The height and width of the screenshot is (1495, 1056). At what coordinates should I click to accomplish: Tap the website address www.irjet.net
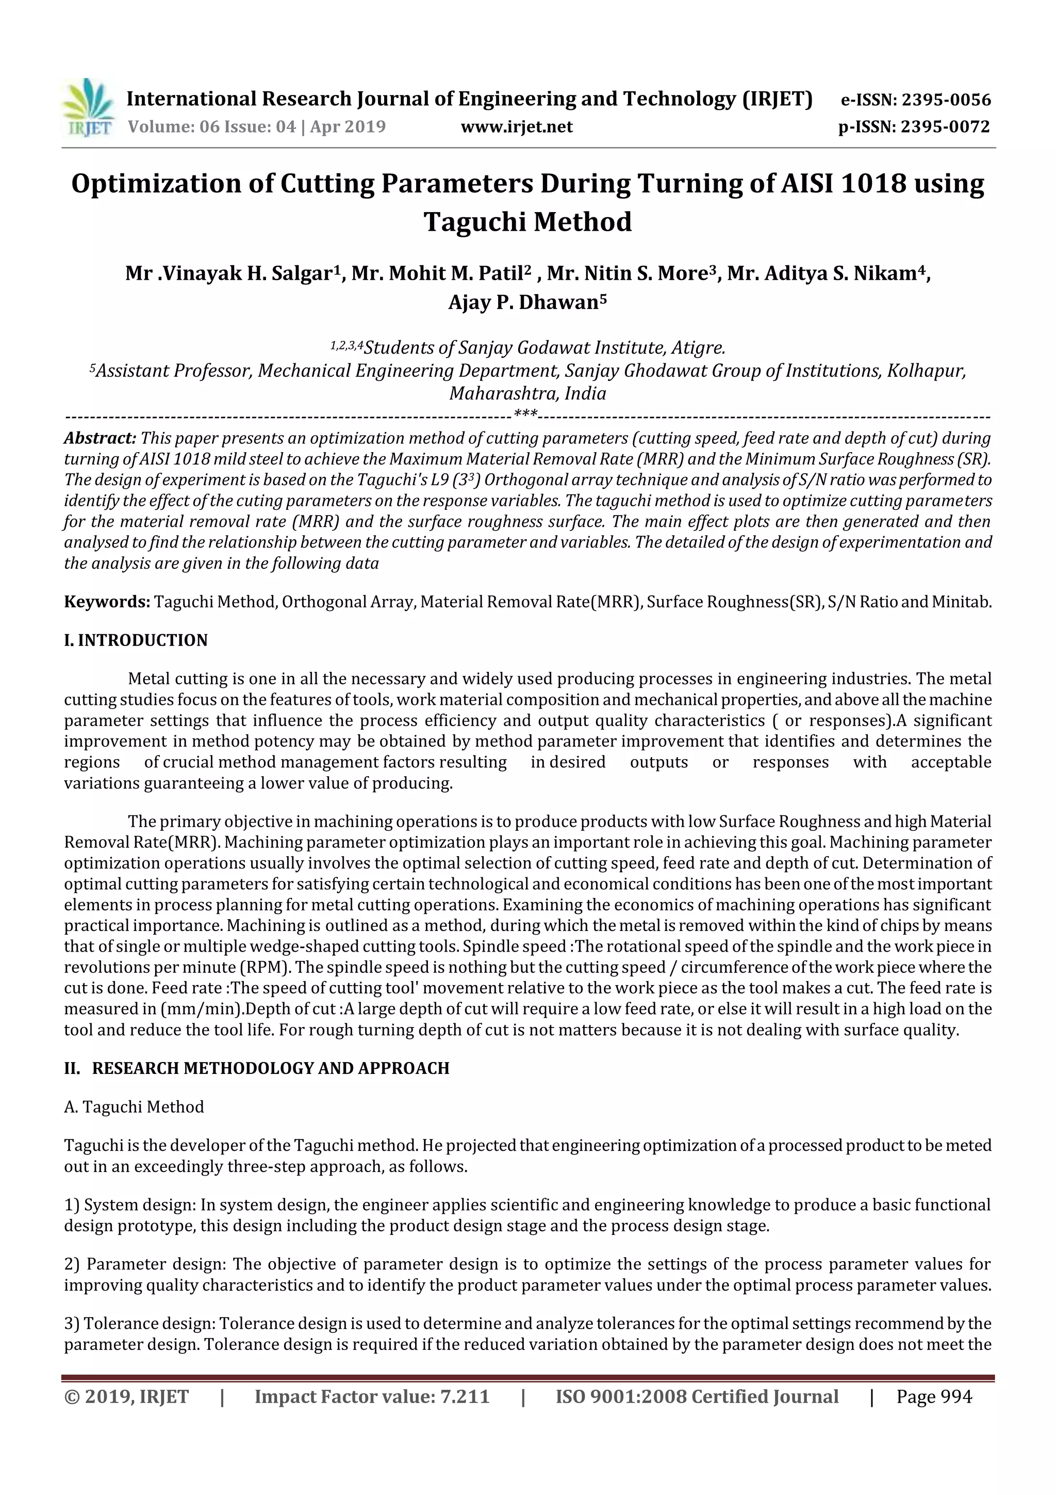pyautogui.click(x=517, y=126)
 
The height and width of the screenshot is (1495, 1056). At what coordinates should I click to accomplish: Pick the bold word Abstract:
pyautogui.click(x=100, y=438)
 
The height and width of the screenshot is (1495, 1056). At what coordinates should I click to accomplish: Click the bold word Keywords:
pyautogui.click(x=107, y=602)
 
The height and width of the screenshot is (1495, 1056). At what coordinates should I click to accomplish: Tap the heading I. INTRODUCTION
pyautogui.click(x=135, y=640)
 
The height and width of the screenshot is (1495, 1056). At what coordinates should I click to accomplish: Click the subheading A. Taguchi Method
pyautogui.click(x=134, y=1107)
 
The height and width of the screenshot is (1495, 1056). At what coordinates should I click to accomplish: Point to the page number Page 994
pyautogui.click(x=934, y=1396)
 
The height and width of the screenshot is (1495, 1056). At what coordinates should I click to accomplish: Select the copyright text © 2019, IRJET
pyautogui.click(x=126, y=1396)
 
